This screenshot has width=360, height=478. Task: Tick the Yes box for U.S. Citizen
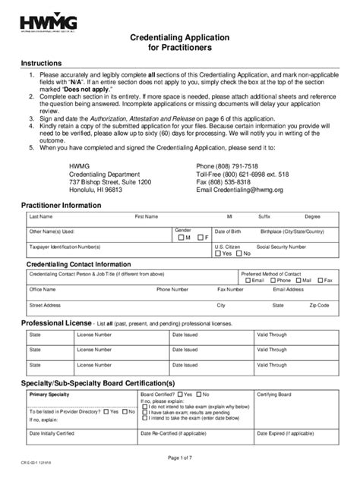click(219, 254)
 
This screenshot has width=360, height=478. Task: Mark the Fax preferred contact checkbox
click(320, 280)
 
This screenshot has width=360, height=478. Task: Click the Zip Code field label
click(318, 305)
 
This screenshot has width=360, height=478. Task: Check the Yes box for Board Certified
click(179, 395)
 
